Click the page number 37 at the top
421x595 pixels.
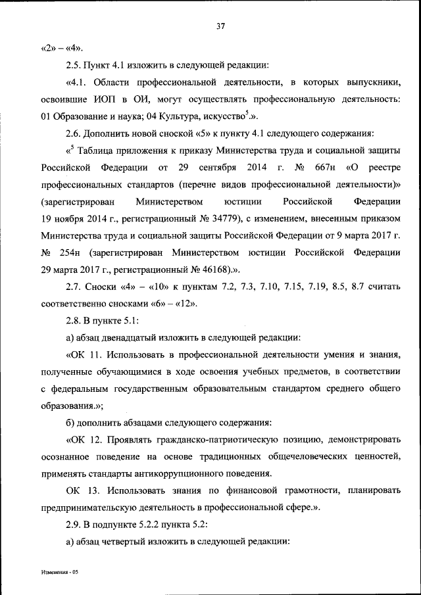(x=220, y=26)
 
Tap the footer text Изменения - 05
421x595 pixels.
(x=57, y=573)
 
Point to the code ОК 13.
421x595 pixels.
(x=82, y=490)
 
